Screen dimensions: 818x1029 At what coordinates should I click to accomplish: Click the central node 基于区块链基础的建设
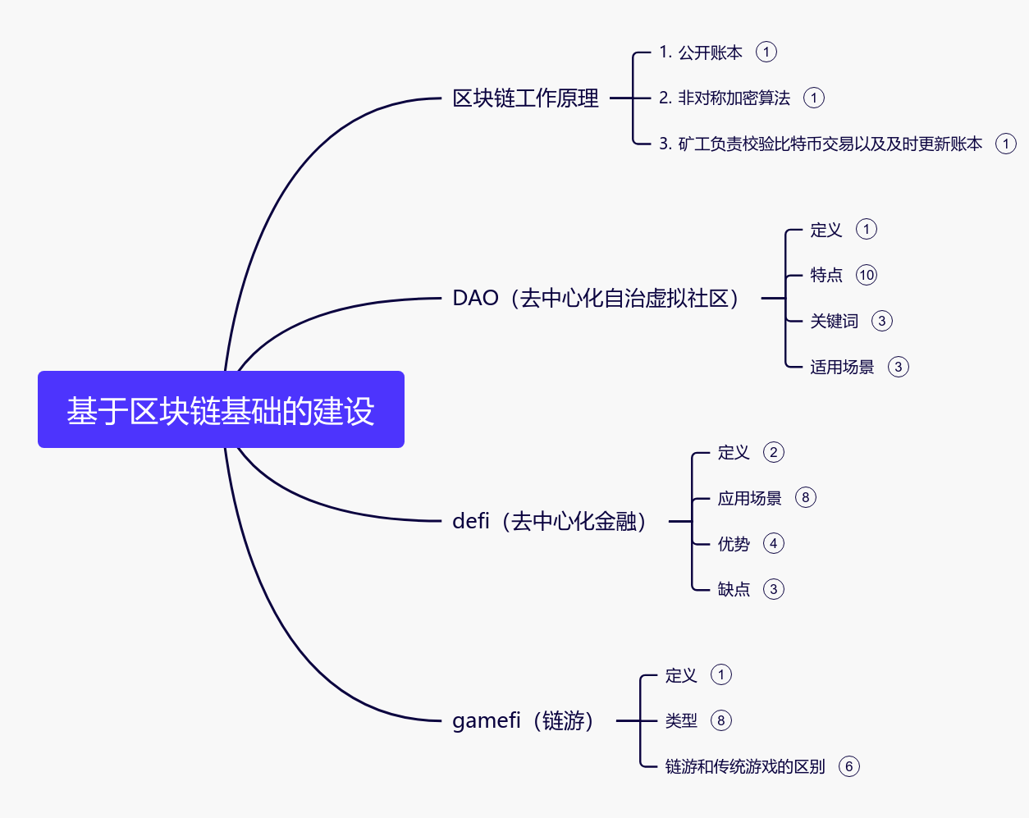pos(221,410)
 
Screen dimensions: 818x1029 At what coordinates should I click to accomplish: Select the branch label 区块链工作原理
pos(525,98)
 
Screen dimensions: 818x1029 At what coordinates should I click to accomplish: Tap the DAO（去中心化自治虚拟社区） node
pos(597,298)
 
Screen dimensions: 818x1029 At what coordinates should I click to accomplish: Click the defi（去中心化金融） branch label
pos(550,521)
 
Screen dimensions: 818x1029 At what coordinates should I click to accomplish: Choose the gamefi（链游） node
pos(523,720)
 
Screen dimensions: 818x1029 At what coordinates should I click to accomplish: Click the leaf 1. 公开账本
pos(700,53)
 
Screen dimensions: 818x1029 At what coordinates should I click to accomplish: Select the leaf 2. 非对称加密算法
pos(724,98)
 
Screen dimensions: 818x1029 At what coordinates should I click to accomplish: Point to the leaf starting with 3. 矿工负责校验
pos(820,144)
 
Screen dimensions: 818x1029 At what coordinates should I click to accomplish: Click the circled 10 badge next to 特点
pos(867,275)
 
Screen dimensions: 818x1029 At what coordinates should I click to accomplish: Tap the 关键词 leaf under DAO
pos(834,321)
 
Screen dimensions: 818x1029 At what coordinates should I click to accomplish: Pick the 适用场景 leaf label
pos(842,367)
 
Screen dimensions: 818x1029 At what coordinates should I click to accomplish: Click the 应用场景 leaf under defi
pos(749,498)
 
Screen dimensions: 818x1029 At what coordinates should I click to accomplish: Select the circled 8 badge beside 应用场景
pos(806,497)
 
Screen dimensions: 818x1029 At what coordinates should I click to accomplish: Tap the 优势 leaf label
pos(734,544)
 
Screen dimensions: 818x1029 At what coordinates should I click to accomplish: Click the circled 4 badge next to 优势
pos(774,543)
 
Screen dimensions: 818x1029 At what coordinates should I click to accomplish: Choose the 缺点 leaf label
pos(734,589)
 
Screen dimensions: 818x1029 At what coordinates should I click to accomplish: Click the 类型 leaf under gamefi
pos(681,720)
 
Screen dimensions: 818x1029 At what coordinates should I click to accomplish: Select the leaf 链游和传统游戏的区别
pos(744,766)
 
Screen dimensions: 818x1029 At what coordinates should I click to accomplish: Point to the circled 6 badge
pos(849,766)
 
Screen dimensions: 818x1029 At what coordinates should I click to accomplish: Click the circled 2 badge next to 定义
pos(774,452)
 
